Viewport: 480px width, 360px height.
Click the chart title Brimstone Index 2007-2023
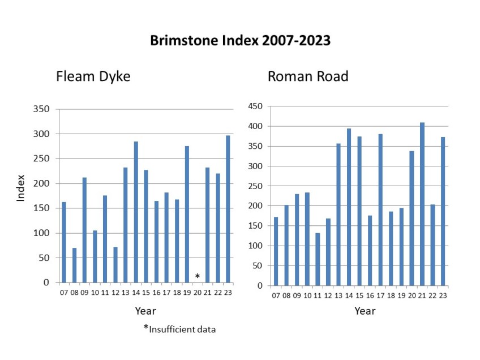(240, 41)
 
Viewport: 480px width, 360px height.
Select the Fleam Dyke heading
(93, 76)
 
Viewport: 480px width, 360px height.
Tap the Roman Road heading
(308, 76)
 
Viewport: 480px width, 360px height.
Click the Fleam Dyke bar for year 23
(228, 209)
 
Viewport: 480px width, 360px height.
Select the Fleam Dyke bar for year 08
(74, 265)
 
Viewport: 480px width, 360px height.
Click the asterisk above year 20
(198, 276)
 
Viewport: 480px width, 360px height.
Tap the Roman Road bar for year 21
(422, 204)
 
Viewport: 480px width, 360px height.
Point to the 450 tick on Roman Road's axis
(256, 106)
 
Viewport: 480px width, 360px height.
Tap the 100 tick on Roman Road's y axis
(256, 246)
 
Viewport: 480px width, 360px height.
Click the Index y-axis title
(20, 195)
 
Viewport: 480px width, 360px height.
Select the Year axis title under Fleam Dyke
(145, 311)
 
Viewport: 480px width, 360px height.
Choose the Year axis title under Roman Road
(365, 311)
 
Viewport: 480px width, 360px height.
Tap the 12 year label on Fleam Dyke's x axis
(115, 293)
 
